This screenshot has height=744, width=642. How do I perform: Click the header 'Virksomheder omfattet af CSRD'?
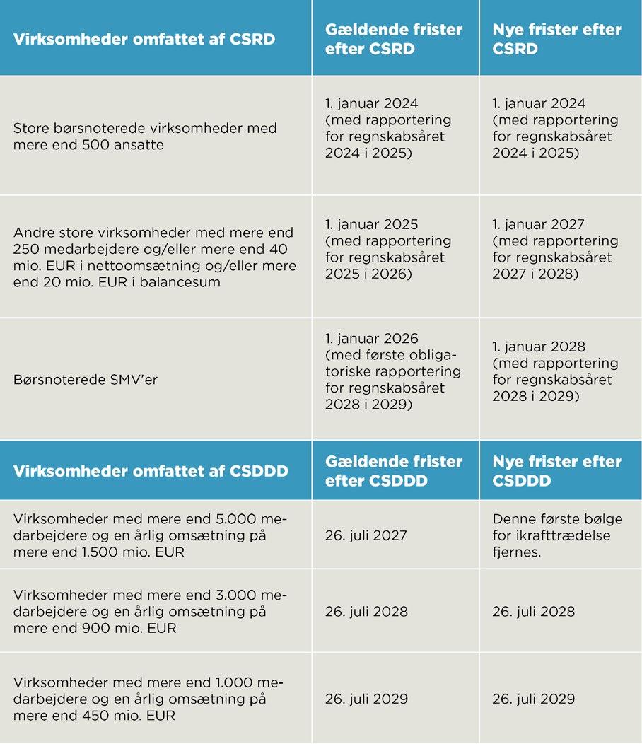144,38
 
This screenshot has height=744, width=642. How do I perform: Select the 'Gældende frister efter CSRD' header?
394,39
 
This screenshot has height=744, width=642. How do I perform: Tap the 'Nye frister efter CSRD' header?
557,39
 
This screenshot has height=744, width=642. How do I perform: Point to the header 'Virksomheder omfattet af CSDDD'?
151,470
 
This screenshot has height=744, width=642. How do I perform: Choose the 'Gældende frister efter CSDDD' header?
394,470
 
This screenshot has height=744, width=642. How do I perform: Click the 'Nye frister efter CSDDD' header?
557,470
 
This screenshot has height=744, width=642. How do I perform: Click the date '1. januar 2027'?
538,224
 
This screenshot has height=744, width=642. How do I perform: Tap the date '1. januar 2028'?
539,347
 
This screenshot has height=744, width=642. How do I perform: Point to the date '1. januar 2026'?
372,339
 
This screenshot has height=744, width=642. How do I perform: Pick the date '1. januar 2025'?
372,224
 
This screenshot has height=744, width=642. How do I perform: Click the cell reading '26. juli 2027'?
366,535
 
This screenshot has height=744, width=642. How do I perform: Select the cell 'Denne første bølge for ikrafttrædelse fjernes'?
551,535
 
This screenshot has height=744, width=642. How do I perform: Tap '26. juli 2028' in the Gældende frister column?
366,611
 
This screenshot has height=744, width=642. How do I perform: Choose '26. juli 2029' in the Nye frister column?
534,699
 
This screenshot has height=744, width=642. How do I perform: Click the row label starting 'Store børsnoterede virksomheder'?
145,136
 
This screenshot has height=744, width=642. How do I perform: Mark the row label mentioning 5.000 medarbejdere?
150,535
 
